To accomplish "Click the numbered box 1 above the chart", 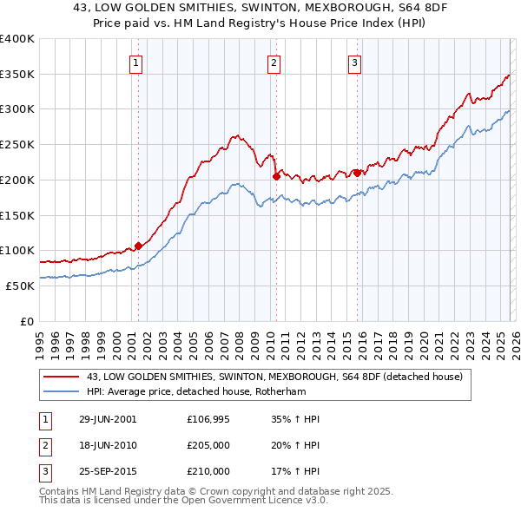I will [x=137, y=62].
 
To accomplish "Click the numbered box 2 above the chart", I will [x=274, y=62].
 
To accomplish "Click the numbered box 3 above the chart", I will [x=355, y=62].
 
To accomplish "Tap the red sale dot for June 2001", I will [x=138, y=246].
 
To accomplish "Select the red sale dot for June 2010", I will [x=276, y=176].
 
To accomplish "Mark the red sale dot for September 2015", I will [x=357, y=173].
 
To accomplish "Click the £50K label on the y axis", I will [x=20, y=286].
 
